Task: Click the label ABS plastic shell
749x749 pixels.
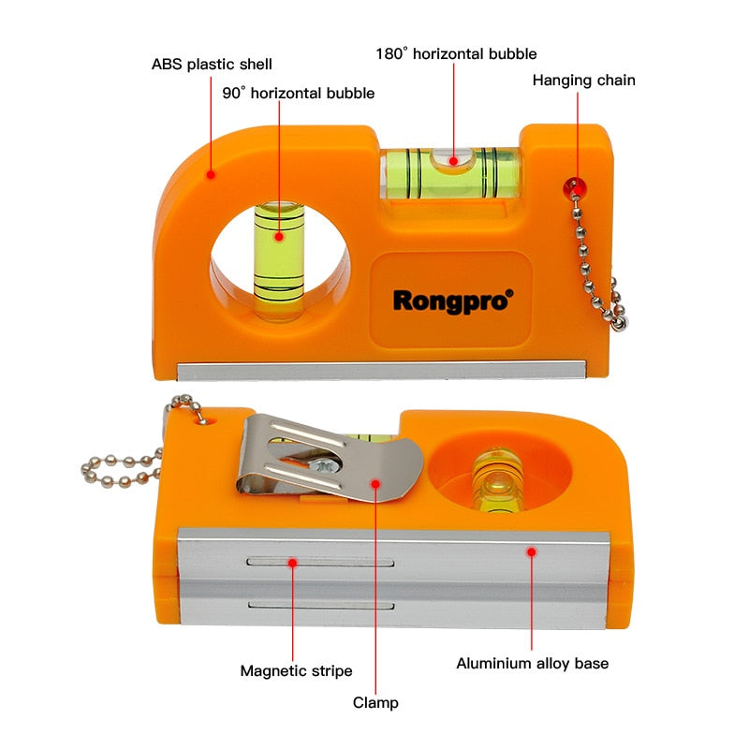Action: click(212, 65)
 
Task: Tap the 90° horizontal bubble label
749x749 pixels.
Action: click(298, 93)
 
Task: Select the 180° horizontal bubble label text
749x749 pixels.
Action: click(456, 54)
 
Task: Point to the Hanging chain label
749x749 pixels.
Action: click(583, 81)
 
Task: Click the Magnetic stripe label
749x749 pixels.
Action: click(296, 670)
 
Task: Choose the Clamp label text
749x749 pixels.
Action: click(375, 701)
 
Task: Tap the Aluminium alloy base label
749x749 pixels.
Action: click(532, 664)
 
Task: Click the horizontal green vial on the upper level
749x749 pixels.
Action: click(451, 172)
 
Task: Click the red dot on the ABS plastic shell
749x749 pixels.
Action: click(212, 174)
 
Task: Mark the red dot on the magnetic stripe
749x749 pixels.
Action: click(293, 563)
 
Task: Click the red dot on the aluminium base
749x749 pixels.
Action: click(531, 552)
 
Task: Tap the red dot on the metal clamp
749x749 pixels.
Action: click(375, 484)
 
